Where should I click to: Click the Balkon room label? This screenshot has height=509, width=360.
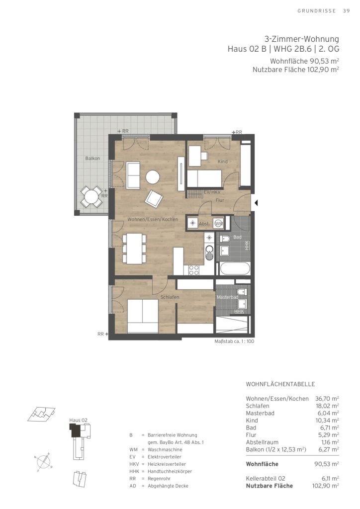point(92,159)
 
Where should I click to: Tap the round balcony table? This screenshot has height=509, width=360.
point(91,196)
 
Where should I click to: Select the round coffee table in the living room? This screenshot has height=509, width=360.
point(153,177)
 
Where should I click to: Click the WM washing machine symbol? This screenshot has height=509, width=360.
point(218,224)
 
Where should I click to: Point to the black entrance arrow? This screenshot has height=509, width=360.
point(256,203)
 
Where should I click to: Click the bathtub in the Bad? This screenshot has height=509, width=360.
point(234,269)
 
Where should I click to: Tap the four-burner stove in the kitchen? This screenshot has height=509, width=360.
point(194,270)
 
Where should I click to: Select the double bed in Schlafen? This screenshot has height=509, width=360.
point(143,316)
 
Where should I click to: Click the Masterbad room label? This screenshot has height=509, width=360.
point(228,297)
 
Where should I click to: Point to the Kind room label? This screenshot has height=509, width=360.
point(223,162)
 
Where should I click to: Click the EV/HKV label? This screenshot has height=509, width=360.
point(212,192)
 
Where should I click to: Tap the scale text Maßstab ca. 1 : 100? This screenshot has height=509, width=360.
point(234,341)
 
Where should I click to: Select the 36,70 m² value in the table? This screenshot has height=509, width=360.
point(327,398)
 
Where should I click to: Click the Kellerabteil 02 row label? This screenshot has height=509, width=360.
point(266,479)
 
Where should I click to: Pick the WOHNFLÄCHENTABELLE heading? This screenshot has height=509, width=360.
point(280,384)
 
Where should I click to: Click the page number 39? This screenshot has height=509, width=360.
point(347,11)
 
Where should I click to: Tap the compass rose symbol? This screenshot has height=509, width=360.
point(43,461)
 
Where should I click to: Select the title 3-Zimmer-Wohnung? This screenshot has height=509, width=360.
point(301,39)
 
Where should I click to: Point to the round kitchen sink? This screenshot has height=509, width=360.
point(210,250)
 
